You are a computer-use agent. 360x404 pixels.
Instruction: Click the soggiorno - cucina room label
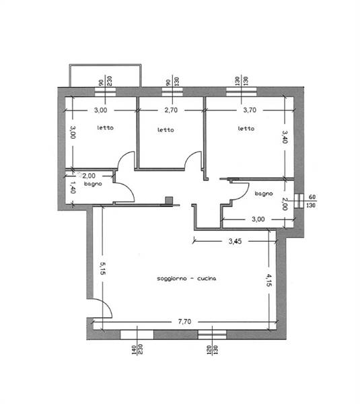[x=186, y=279]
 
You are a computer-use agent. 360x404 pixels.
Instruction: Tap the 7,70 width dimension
[x=184, y=322]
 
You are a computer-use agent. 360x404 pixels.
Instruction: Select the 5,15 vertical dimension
[x=102, y=268]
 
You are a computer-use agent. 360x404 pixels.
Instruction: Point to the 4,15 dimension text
[x=269, y=280]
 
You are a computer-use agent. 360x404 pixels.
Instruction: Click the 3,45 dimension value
[x=235, y=241]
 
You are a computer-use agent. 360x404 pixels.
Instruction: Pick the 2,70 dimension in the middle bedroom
[x=171, y=110]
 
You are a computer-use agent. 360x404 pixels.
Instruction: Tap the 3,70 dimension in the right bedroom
[x=250, y=110]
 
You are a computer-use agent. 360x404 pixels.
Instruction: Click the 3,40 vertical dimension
[x=285, y=137]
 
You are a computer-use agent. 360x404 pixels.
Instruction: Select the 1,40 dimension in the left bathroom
[x=73, y=187]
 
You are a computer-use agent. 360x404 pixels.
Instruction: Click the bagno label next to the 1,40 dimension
[x=93, y=184]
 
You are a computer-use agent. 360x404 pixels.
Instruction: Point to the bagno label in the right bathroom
[x=264, y=193]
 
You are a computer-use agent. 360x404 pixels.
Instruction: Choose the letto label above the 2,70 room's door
[x=166, y=130]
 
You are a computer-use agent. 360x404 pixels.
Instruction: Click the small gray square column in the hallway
[x=169, y=201]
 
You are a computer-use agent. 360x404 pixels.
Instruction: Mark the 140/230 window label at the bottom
[x=137, y=349]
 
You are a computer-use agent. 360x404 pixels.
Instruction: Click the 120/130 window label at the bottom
[x=212, y=350]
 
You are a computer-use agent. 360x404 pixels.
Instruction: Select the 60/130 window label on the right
[x=312, y=201]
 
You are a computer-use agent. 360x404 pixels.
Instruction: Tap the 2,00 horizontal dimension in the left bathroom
[x=89, y=176]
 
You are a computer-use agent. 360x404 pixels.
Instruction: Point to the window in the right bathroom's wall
[x=299, y=201]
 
